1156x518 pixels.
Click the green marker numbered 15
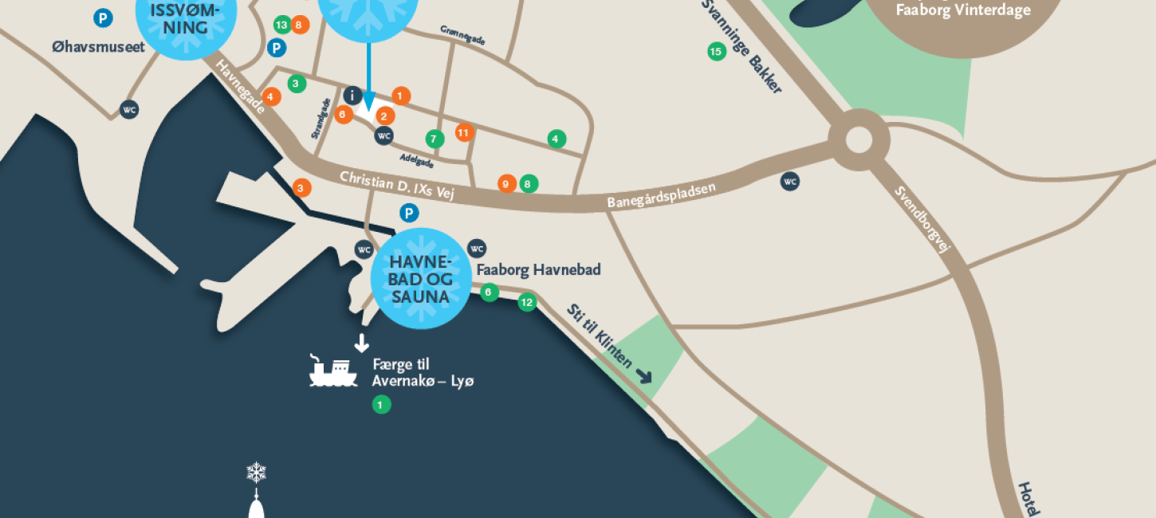(x=715, y=53)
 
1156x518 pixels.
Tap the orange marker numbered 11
(x=464, y=132)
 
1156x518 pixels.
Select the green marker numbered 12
(x=526, y=302)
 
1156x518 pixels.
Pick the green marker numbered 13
(x=281, y=25)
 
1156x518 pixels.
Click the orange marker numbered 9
(x=506, y=183)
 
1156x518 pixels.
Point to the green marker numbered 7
(x=434, y=139)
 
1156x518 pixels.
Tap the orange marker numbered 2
(x=386, y=116)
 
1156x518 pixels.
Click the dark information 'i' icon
(x=353, y=96)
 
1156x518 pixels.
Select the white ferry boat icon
(x=333, y=372)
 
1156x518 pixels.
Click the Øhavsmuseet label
(x=98, y=47)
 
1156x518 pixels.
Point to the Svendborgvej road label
(x=922, y=218)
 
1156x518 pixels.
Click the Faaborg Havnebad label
(x=538, y=269)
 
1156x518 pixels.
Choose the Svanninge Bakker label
(x=741, y=45)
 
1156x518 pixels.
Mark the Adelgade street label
(x=417, y=161)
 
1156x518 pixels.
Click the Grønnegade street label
(x=462, y=35)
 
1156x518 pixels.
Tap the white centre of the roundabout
(x=859, y=139)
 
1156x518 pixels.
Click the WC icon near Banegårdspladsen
(x=790, y=182)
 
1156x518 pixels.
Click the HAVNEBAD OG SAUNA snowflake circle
(x=421, y=279)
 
